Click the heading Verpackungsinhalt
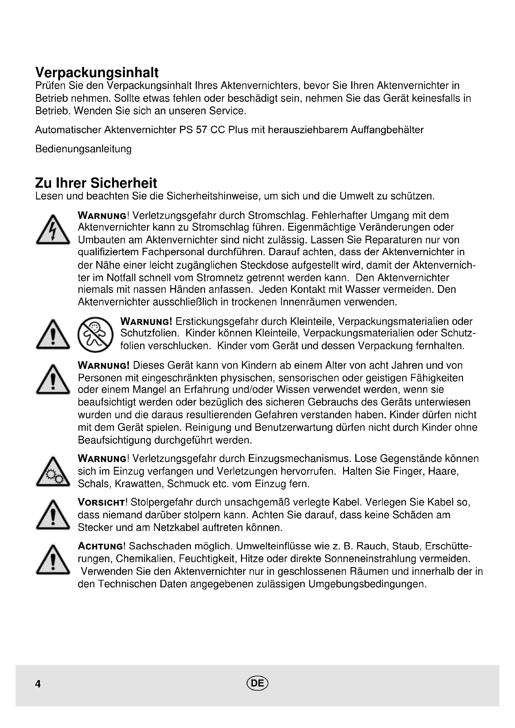(97, 73)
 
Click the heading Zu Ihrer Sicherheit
(96, 183)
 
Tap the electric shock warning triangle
(53, 230)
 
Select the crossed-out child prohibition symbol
(95, 335)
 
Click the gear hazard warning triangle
(53, 472)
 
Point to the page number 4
(38, 684)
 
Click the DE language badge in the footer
(257, 683)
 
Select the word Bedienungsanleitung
(83, 149)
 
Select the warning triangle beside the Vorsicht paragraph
(53, 515)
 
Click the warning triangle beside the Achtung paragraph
(53, 560)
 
